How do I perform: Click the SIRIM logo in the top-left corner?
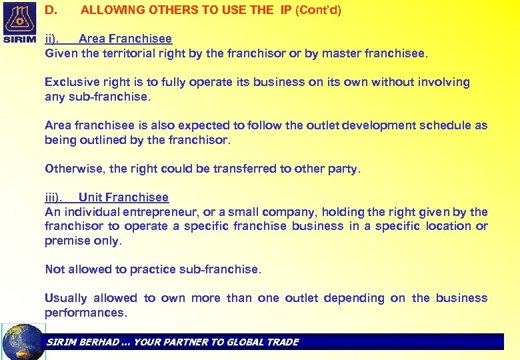click(20, 22)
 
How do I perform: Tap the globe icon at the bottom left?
click(24, 342)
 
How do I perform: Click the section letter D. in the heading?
click(50, 10)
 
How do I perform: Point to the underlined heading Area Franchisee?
click(125, 39)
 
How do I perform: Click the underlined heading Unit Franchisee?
click(123, 197)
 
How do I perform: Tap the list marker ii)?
click(52, 39)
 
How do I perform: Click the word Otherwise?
click(74, 169)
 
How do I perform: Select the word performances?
click(84, 313)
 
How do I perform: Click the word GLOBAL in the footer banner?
click(245, 342)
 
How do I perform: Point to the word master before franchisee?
click(341, 53)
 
